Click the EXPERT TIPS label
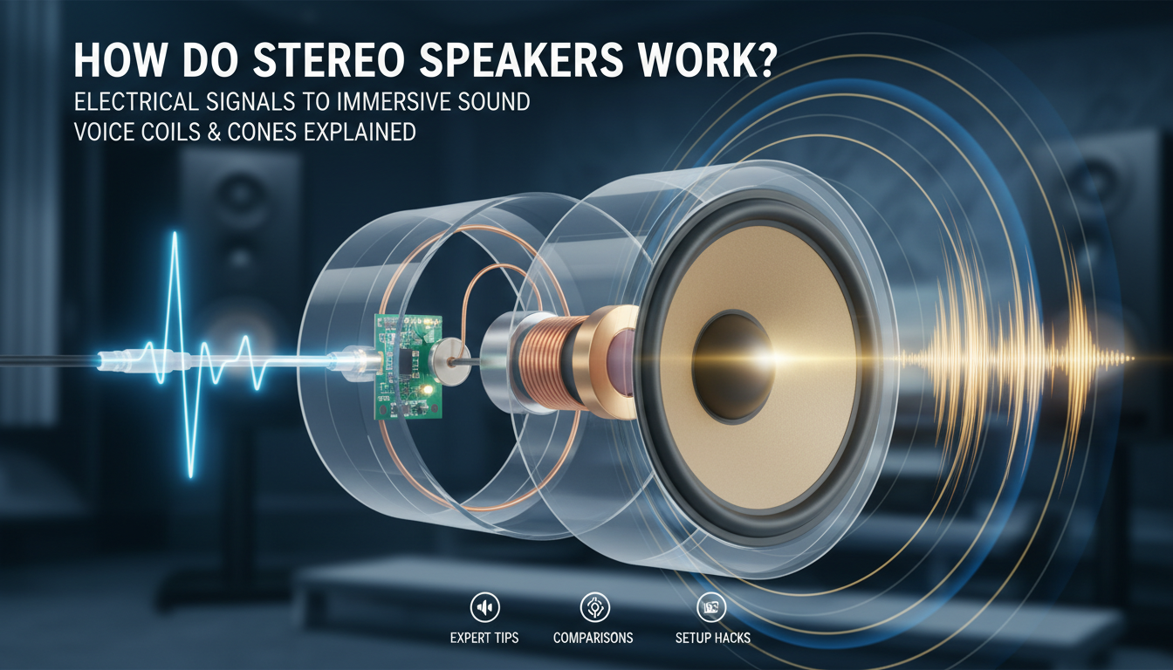[x=484, y=638]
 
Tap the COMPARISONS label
[x=593, y=638]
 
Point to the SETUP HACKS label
[x=712, y=638]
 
